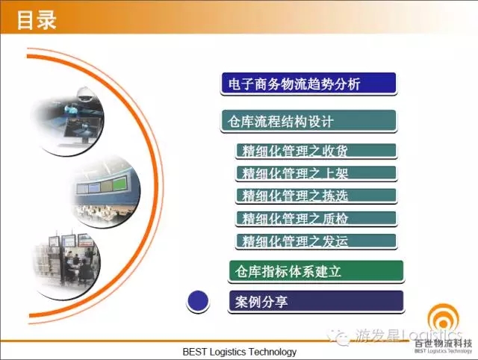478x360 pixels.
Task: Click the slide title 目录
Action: click(x=37, y=20)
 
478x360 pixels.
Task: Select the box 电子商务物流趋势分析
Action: click(x=308, y=84)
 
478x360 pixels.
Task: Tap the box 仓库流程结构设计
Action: click(x=308, y=121)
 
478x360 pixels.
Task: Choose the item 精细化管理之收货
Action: click(x=316, y=151)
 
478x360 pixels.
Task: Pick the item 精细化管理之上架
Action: click(x=316, y=173)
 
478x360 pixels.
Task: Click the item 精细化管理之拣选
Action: click(x=316, y=196)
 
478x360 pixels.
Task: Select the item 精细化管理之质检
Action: click(x=316, y=219)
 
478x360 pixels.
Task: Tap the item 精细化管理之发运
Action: click(x=316, y=241)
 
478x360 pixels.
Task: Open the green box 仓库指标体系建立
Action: click(x=316, y=271)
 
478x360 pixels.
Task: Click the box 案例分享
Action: click(x=316, y=302)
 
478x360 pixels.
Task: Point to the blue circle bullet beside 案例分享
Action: click(x=198, y=301)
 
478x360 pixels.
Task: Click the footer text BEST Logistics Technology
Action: click(x=240, y=352)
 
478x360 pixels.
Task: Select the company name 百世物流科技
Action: click(x=443, y=344)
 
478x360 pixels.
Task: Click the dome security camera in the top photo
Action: click(x=84, y=93)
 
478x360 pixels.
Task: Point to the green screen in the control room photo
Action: click(x=119, y=184)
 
